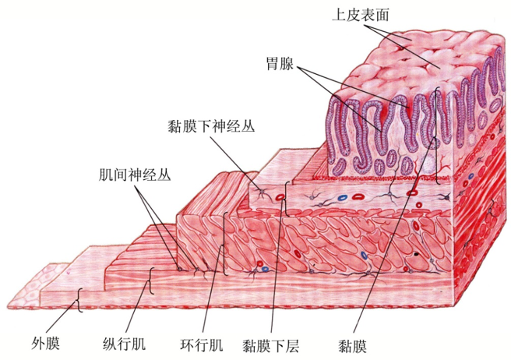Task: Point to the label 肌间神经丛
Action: (x=129, y=174)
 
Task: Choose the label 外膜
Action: (x=48, y=342)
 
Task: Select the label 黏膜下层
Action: (x=270, y=342)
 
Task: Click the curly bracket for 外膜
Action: (x=79, y=298)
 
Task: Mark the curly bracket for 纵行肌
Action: (x=151, y=281)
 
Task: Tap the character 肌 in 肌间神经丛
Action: (x=95, y=174)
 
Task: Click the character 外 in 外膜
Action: (x=41, y=342)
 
